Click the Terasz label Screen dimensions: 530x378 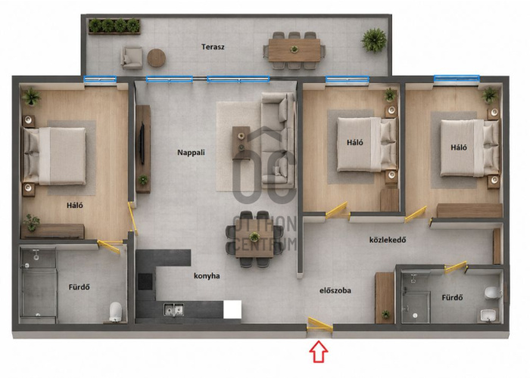(x=213, y=47)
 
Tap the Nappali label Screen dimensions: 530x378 (x=191, y=153)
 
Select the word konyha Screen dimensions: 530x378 (x=207, y=276)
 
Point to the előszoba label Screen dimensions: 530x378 (x=335, y=290)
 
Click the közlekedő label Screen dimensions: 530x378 (x=388, y=240)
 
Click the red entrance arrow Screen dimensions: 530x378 (x=319, y=352)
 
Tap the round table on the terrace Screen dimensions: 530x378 (x=157, y=57)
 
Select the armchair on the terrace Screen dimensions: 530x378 (x=132, y=57)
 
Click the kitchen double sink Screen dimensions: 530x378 (x=173, y=310)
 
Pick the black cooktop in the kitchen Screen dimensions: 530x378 (x=145, y=282)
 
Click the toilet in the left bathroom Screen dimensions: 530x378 (x=115, y=311)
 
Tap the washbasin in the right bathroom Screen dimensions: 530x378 (x=488, y=316)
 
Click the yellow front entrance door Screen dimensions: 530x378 (x=320, y=324)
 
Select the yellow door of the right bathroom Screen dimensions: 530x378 (x=456, y=268)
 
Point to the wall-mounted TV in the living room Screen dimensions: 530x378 (x=142, y=144)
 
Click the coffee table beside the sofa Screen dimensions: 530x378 (x=241, y=142)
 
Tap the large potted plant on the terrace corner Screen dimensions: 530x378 (x=374, y=40)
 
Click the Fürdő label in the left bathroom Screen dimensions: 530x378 (x=79, y=287)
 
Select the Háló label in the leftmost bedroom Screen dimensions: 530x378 (x=75, y=205)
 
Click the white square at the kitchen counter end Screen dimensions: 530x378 (x=232, y=309)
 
